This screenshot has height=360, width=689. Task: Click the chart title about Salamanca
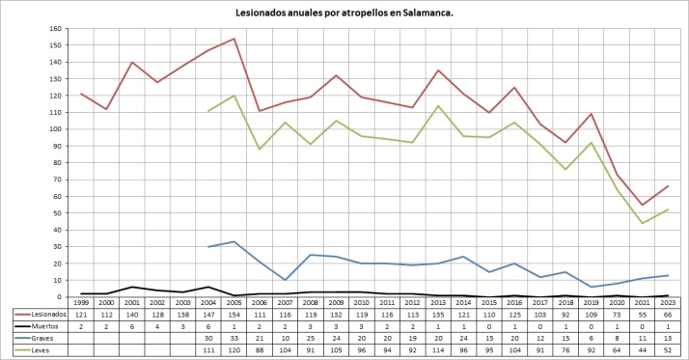click(344, 14)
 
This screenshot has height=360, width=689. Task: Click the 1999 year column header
click(84, 303)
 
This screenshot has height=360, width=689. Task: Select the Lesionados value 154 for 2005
click(234, 315)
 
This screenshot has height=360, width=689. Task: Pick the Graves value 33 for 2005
click(234, 338)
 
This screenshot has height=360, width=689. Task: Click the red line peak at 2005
click(234, 39)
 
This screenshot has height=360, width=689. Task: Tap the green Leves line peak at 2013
click(438, 106)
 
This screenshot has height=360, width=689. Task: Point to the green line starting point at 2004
click(208, 111)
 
